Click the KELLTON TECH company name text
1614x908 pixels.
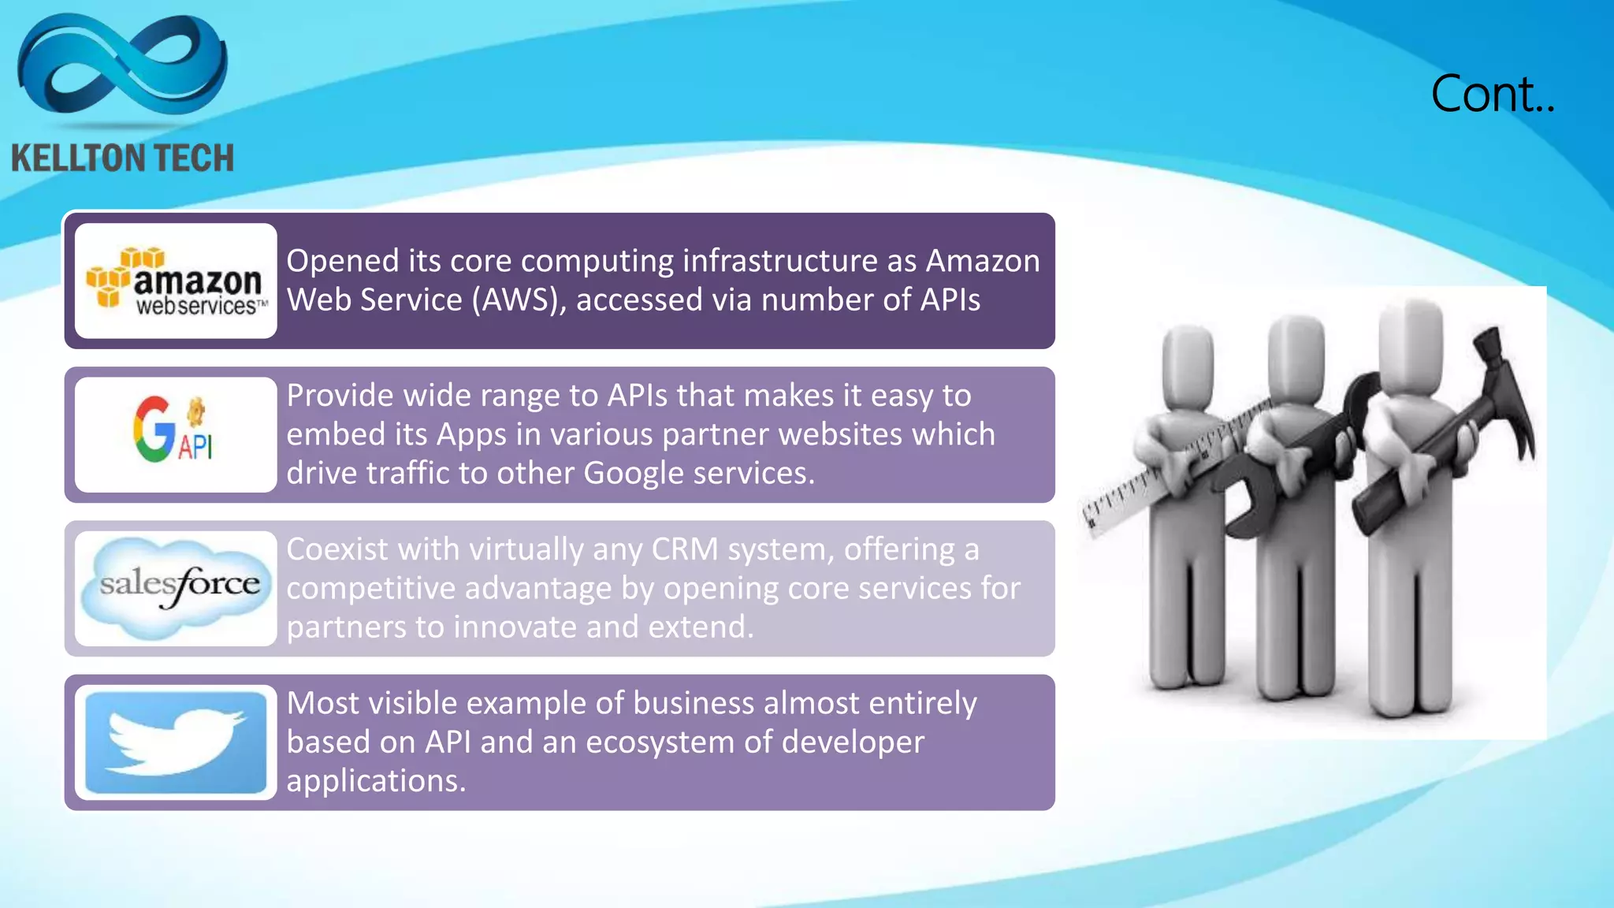(x=123, y=158)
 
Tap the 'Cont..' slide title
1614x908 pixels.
(x=1492, y=95)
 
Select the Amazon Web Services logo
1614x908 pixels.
(x=176, y=281)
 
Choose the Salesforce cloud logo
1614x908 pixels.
(x=177, y=585)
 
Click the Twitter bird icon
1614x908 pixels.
(x=176, y=742)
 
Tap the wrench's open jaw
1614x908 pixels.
(x=1245, y=504)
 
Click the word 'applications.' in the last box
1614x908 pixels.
(x=376, y=780)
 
